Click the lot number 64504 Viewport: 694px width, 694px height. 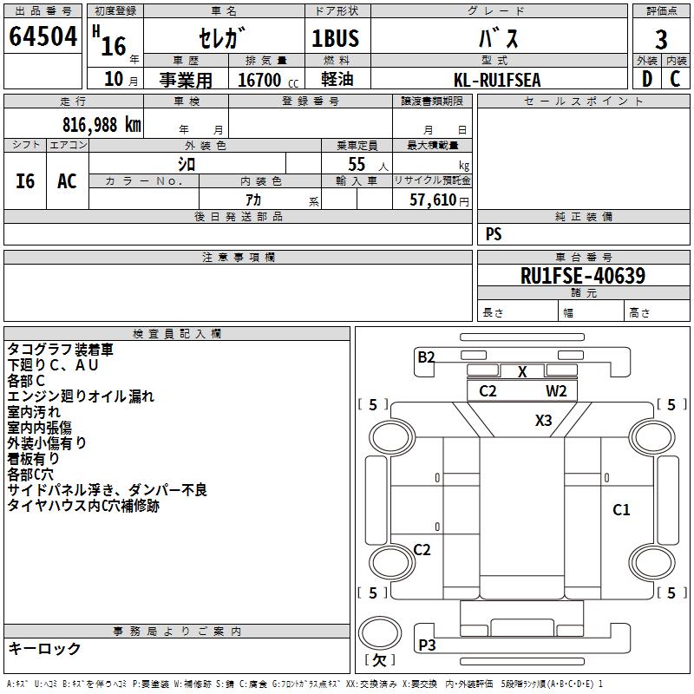[x=43, y=36]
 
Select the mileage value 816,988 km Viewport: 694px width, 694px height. [x=101, y=125]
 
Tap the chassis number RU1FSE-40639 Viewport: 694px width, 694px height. [x=583, y=276]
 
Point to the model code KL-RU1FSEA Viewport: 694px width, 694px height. [x=497, y=80]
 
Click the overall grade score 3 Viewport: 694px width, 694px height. [x=661, y=40]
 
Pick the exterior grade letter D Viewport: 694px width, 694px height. [x=647, y=79]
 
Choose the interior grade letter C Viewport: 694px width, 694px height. [x=675, y=79]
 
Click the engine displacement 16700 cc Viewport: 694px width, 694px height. [x=268, y=80]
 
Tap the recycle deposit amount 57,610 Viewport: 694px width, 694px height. [x=433, y=200]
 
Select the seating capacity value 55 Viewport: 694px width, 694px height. [x=357, y=164]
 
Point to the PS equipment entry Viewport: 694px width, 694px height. [x=494, y=233]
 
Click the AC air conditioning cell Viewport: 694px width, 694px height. [x=68, y=181]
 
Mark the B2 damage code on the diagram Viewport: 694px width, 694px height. [x=426, y=357]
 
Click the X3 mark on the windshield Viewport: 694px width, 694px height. [x=544, y=420]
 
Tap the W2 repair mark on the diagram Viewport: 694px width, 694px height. [x=556, y=391]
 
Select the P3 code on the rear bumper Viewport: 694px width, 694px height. [x=427, y=645]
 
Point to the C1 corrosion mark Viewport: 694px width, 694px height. [x=621, y=510]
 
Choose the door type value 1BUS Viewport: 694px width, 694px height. [x=336, y=38]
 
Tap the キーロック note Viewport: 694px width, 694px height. [x=45, y=649]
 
